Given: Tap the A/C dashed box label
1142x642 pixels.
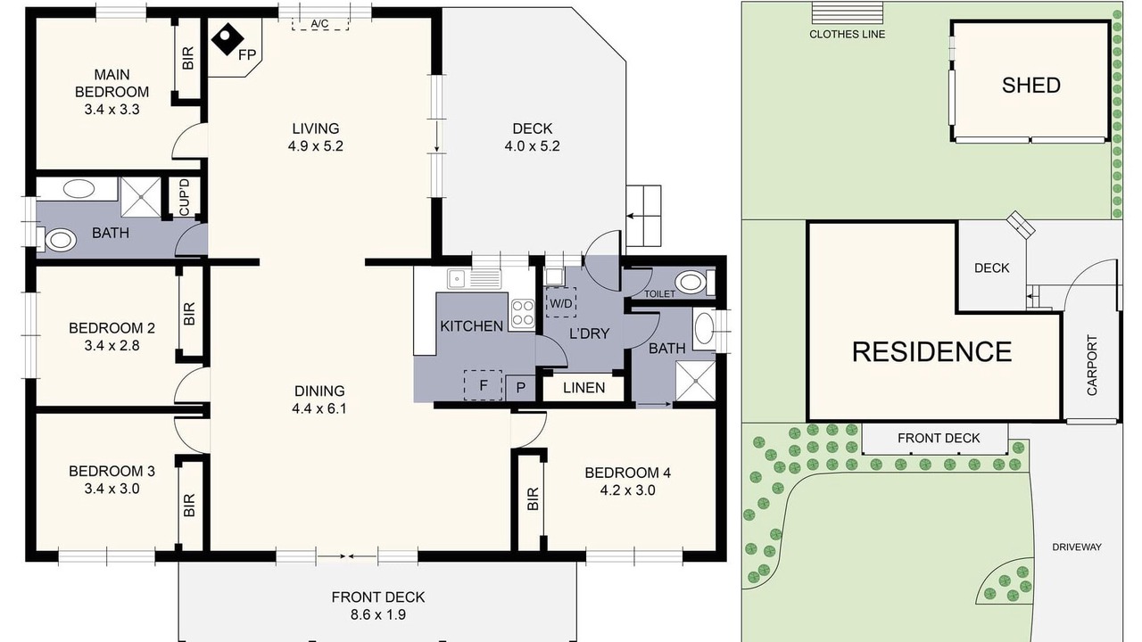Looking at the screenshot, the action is [x=319, y=23].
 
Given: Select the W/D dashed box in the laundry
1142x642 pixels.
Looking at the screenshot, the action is [x=561, y=302].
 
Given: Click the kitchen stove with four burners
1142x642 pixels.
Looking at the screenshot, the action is [x=523, y=313].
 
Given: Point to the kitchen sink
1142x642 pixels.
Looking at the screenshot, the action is [x=474, y=279].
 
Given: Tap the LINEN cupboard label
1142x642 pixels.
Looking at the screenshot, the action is [x=583, y=388].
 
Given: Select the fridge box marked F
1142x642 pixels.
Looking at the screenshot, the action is [x=484, y=384].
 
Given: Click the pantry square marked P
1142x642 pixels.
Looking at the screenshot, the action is [x=520, y=388].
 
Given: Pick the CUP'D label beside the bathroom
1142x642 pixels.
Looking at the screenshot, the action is [x=185, y=197].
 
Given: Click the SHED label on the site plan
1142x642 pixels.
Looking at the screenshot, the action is [x=1030, y=85].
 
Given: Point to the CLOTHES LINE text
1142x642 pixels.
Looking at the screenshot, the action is [x=848, y=34].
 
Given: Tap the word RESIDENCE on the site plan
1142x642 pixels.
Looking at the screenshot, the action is [x=932, y=352].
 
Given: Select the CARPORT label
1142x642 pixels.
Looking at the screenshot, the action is [x=1091, y=365].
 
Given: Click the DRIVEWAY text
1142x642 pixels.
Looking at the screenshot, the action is [x=1077, y=547].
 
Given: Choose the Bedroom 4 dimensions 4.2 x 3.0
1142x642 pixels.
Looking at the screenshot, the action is [x=627, y=490].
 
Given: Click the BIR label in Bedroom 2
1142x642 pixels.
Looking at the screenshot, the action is [x=189, y=314].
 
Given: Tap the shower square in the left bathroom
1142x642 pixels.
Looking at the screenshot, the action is [x=141, y=198].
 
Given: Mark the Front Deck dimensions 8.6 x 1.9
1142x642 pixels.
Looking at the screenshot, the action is [x=377, y=614].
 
